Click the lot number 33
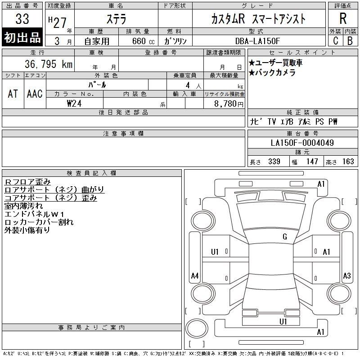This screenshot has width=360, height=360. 22,19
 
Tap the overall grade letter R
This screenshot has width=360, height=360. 343,18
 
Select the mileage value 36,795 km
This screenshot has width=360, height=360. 49,64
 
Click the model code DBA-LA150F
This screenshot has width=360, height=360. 257,41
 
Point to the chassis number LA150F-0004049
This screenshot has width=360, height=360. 302,143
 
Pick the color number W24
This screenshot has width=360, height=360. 74,103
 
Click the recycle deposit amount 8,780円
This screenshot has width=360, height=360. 229,104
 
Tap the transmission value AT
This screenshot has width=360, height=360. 13,94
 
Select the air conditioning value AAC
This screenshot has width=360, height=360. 35,94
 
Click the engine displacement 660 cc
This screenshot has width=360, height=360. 143,41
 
